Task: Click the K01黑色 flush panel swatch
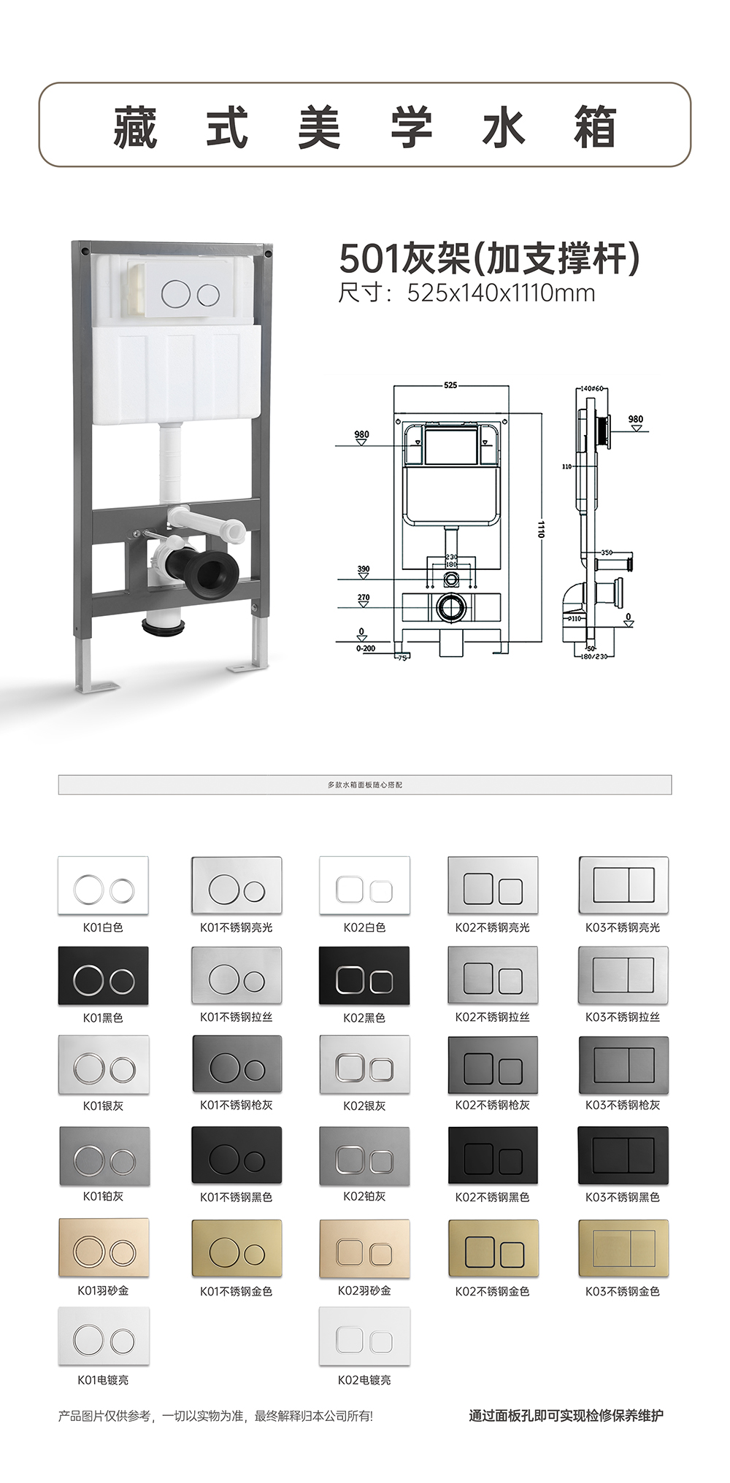click(103, 975)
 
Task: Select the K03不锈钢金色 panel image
click(623, 1248)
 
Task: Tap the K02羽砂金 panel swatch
click(364, 1248)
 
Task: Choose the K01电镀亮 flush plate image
click(103, 1336)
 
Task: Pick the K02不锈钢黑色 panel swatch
click(493, 1155)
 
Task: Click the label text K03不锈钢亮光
click(622, 928)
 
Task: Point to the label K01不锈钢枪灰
click(236, 1105)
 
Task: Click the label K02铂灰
click(364, 1196)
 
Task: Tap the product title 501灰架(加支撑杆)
click(489, 258)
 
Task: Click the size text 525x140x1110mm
click(501, 293)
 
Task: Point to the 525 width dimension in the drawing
click(450, 385)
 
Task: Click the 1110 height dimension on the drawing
click(541, 528)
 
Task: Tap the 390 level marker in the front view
click(363, 569)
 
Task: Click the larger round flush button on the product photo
click(175, 294)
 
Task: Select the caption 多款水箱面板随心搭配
click(364, 785)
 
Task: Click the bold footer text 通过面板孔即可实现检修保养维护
click(566, 1416)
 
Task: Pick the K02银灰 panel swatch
click(364, 1065)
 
